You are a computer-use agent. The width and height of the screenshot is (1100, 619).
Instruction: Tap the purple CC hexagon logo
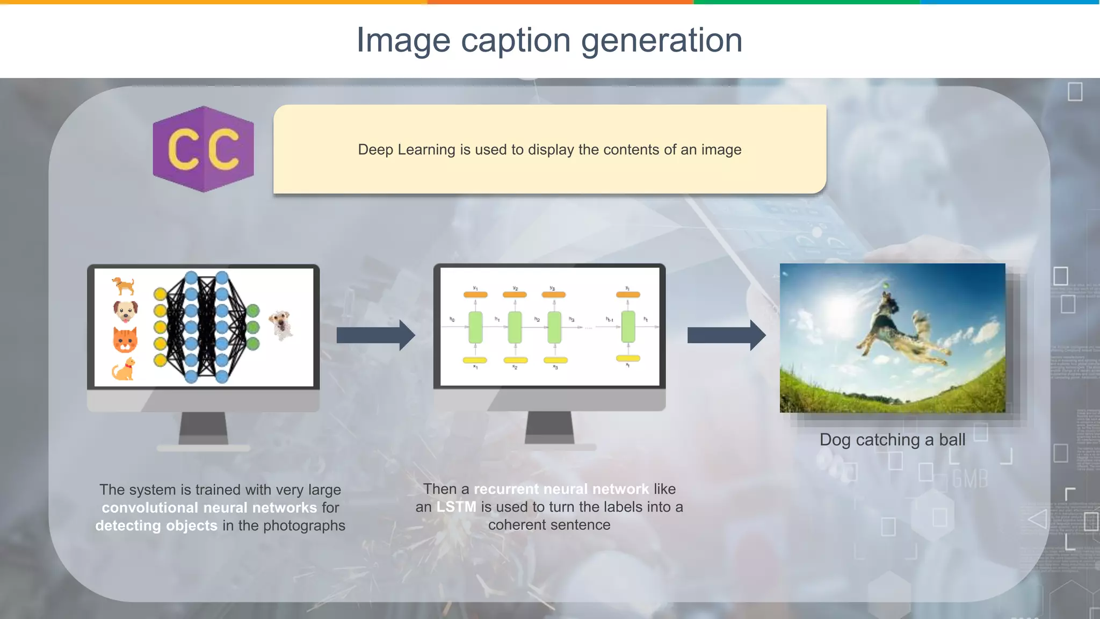[203, 149]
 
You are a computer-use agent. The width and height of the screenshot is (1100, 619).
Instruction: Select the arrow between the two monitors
[375, 335]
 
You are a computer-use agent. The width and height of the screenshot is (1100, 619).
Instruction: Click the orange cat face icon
[125, 340]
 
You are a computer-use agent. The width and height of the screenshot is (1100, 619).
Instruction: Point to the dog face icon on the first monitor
[125, 311]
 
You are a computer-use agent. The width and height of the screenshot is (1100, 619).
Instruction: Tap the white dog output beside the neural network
[281, 325]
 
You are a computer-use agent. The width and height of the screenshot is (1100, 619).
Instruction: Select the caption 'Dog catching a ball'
[892, 440]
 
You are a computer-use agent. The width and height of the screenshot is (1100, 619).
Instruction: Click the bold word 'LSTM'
[456, 507]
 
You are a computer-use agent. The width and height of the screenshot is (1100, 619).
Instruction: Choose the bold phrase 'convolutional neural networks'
[209, 507]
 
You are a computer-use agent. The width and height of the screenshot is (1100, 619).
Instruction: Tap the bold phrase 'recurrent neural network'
[561, 489]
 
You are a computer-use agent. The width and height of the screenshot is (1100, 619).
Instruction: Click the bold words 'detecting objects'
[156, 526]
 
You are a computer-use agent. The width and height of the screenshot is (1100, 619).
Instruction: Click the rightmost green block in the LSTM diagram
[628, 327]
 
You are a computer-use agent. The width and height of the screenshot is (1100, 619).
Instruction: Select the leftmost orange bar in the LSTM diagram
[475, 294]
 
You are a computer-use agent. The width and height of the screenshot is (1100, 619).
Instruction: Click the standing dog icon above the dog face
[124, 286]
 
